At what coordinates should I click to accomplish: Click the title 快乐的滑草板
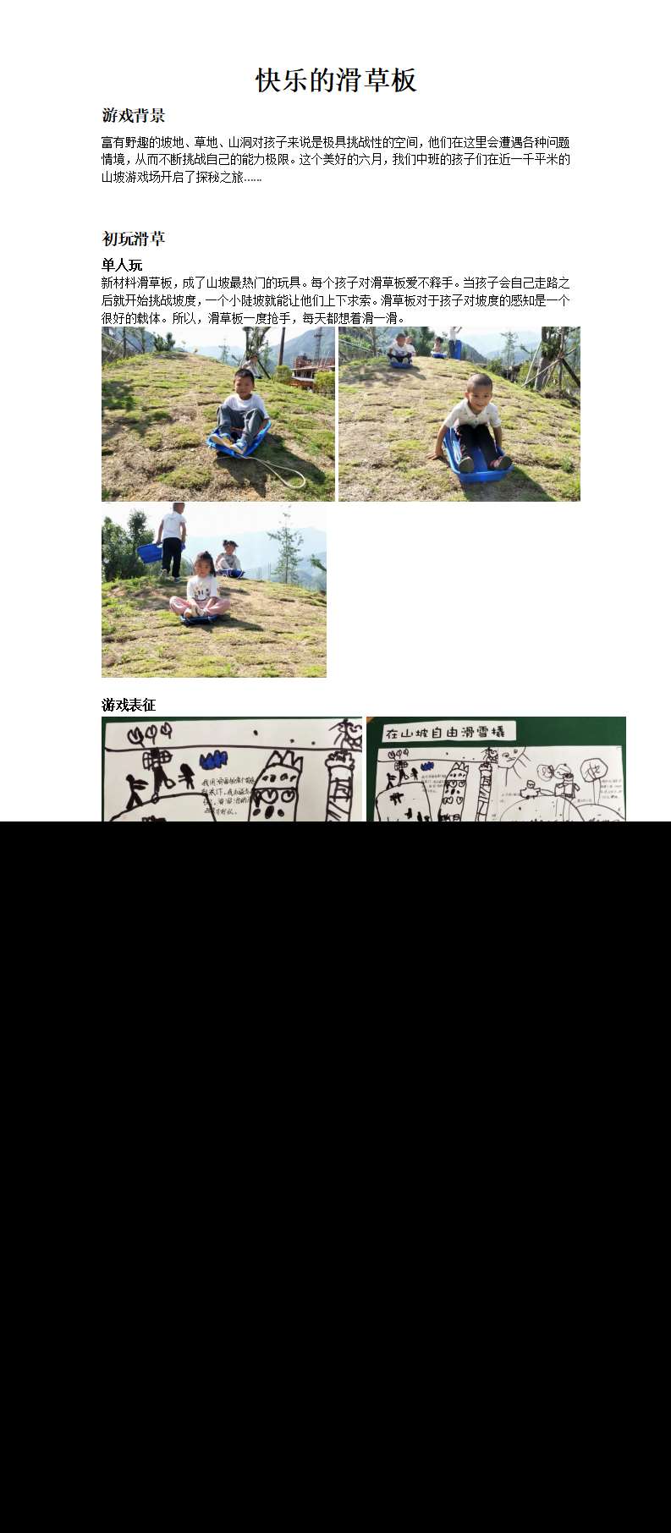point(336,81)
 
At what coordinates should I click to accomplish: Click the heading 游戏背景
point(133,116)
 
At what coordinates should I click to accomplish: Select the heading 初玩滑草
point(133,239)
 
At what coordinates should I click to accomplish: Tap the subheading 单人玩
point(122,266)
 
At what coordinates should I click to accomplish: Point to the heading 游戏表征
point(129,705)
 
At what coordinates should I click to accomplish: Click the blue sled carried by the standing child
point(150,552)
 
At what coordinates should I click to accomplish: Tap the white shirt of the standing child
point(173,525)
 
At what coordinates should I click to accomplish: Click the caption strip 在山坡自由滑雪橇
point(443,732)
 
